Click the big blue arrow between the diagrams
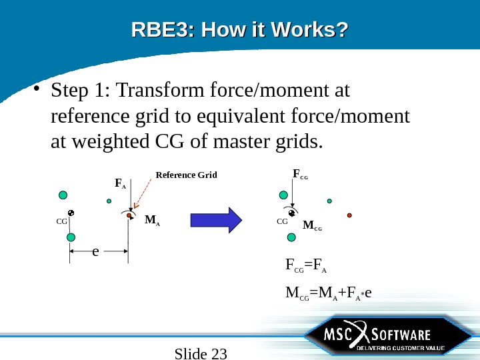[215, 220]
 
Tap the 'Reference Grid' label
[186, 175]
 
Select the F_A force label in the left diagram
[120, 183]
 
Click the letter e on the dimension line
[95, 252]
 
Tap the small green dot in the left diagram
[109, 201]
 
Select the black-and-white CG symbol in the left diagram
[71, 213]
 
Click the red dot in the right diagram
[349, 215]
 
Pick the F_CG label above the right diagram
[300, 175]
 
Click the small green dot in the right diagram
[329, 201]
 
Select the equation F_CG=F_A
[305, 269]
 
